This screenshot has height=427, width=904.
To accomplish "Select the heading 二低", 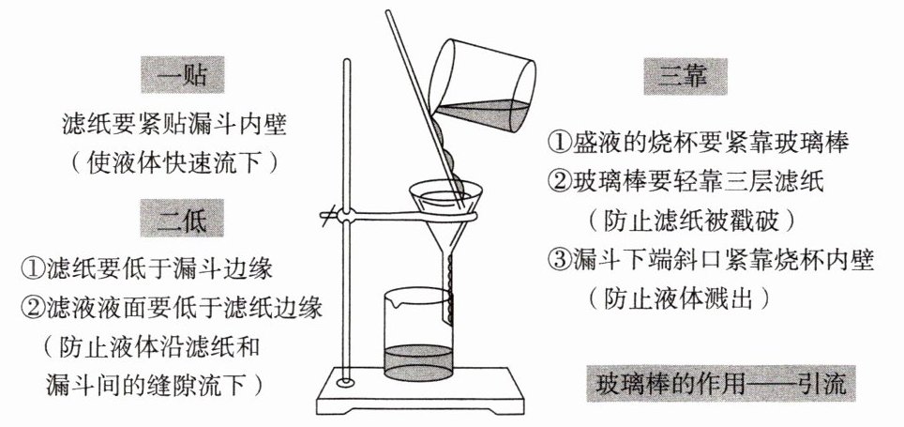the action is [x=184, y=221].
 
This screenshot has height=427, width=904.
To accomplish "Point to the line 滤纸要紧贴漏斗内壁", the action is [x=172, y=122].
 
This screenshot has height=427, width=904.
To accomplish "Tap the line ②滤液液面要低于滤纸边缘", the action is [x=172, y=308].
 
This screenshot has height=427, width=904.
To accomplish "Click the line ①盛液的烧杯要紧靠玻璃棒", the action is [x=698, y=143].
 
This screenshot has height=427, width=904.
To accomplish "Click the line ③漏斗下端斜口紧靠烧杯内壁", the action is [x=711, y=261].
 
